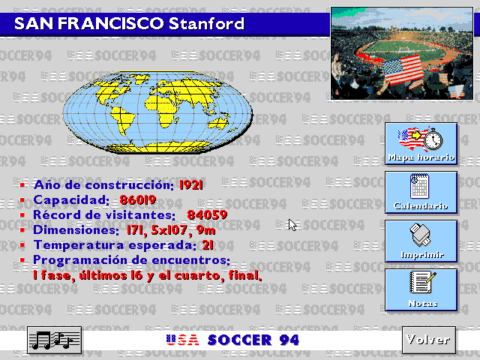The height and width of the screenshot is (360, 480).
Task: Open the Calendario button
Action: point(421,191)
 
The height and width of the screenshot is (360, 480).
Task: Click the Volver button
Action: point(427,339)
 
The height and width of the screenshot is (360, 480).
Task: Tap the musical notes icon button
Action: point(54,340)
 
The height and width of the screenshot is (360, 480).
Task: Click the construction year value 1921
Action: point(192,184)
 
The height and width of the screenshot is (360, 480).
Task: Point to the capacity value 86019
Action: point(137,200)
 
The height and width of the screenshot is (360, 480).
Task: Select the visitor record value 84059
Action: point(207,215)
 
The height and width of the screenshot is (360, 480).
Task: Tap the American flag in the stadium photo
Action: point(400,70)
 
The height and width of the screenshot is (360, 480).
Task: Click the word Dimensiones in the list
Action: point(73,230)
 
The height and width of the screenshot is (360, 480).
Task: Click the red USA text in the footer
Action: point(183,340)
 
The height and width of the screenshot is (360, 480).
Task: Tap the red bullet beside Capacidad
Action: point(22,200)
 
